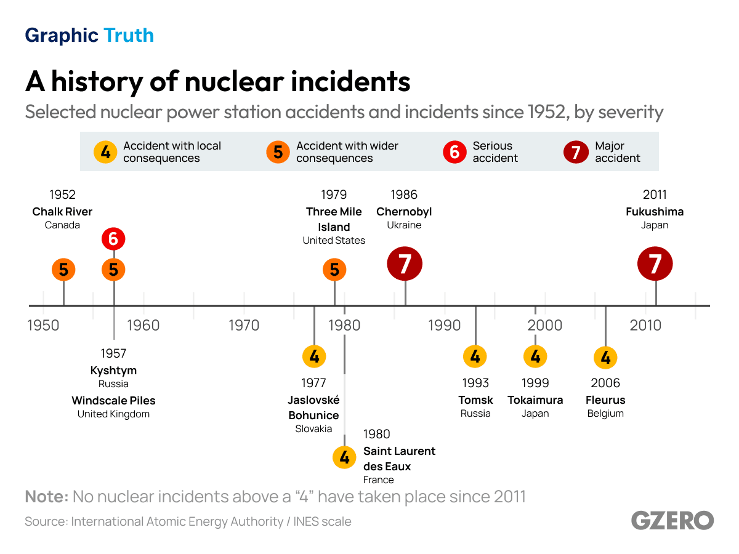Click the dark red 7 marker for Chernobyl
(405, 264)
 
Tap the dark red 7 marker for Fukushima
(655, 264)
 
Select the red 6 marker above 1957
(113, 238)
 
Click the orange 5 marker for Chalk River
(63, 270)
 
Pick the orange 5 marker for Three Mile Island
(334, 270)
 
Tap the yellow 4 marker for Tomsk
(475, 356)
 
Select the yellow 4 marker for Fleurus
(605, 357)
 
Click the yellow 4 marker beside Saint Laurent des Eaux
(344, 457)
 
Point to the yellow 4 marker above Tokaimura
(535, 356)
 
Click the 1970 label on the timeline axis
(244, 326)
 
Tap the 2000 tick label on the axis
(544, 326)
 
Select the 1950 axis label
(43, 326)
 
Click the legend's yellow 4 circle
(105, 152)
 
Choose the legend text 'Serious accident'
(495, 152)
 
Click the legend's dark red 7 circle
(576, 152)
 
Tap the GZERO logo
(672, 521)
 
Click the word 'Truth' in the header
(129, 36)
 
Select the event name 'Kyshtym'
(113, 371)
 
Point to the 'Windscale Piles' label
(113, 401)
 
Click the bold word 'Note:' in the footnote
(46, 497)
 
